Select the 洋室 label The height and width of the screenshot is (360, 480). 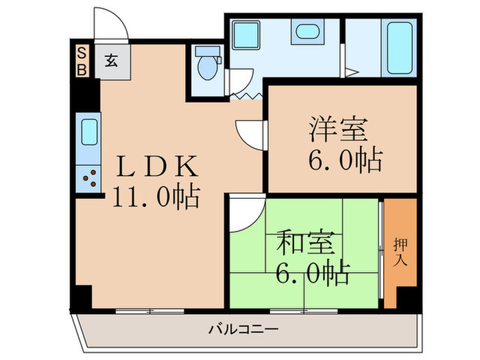pos(338,128)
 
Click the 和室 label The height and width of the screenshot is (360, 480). pos(305,243)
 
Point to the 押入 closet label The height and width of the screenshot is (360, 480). pos(400,252)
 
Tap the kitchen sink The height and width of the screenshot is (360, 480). pos(88,132)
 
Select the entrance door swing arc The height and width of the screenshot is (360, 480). pos(110,24)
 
